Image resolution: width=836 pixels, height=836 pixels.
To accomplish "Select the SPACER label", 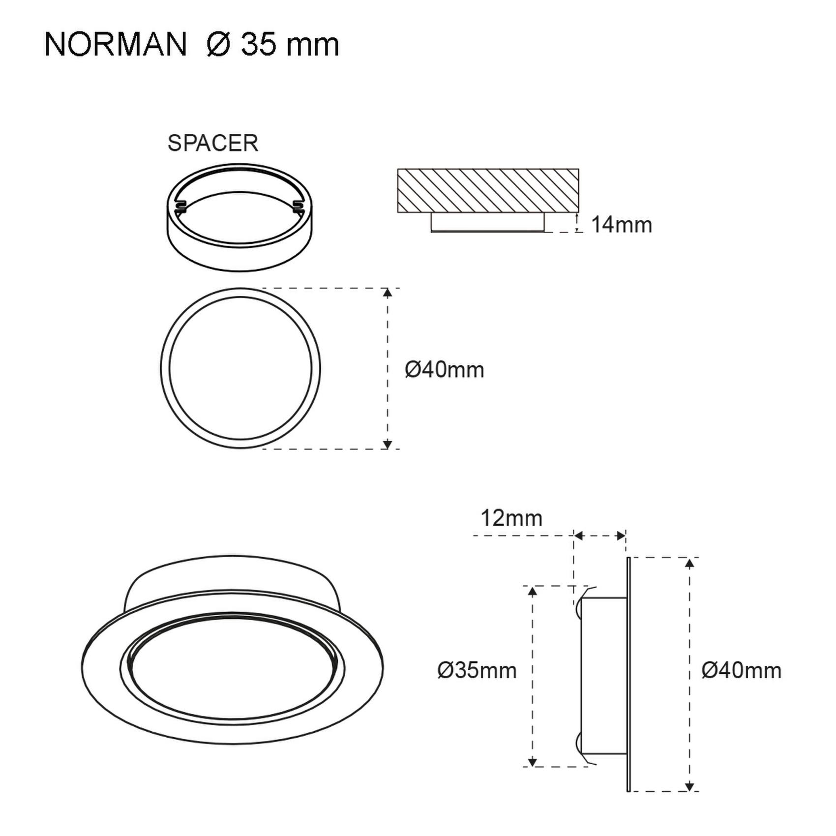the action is pyautogui.click(x=212, y=143).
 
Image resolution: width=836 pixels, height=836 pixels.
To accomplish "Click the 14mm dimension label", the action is pyautogui.click(x=622, y=225).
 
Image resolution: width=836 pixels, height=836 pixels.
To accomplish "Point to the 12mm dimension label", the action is pyautogui.click(x=511, y=518).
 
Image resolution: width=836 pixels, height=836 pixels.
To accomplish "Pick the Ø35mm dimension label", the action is pyautogui.click(x=477, y=670).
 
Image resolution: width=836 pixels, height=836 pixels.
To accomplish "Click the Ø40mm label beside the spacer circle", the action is pyautogui.click(x=445, y=369).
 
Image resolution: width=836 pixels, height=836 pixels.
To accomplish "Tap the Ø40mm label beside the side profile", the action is pyautogui.click(x=742, y=670).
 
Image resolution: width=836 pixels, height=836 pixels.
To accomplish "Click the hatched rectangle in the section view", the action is pyautogui.click(x=488, y=191).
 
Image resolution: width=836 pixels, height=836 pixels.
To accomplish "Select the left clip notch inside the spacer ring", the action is pyautogui.click(x=180, y=207).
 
